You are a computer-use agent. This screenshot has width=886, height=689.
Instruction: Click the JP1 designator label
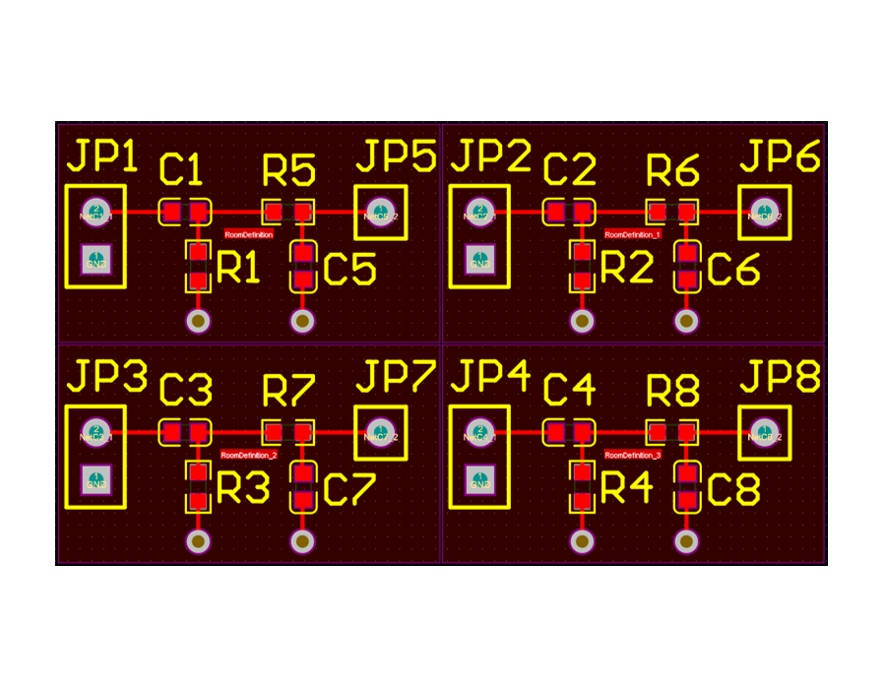coord(102,157)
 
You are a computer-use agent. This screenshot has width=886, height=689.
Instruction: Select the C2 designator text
coord(569,169)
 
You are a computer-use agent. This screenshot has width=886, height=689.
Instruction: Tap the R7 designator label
coord(288,391)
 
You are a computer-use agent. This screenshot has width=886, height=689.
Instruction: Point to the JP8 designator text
coord(780,376)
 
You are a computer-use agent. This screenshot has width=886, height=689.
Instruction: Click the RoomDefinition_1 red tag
coord(632,234)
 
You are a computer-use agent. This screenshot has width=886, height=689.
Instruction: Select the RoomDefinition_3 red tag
coord(632,455)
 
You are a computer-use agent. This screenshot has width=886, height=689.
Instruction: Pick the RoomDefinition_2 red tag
coord(248,455)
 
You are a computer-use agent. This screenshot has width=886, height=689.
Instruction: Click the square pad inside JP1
coord(95,260)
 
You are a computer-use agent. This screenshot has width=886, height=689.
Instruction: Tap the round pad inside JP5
coord(380,212)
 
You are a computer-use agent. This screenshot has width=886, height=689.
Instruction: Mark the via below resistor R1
coord(198,321)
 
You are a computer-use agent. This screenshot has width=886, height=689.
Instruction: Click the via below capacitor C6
coord(686,321)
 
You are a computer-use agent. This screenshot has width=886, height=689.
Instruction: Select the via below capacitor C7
coord(302,541)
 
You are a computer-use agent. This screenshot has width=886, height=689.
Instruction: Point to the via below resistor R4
coord(582,541)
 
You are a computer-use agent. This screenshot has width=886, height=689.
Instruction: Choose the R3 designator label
coord(242,488)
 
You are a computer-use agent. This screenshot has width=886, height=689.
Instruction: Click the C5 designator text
coord(349,270)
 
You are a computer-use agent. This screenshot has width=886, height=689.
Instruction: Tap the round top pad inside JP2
coord(479,212)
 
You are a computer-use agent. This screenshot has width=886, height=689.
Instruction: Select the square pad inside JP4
coord(479,480)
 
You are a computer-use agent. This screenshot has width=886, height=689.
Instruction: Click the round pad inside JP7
coord(380,432)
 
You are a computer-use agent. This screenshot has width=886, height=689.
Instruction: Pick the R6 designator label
coord(672,171)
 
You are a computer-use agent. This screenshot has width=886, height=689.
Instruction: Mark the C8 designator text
coord(733,490)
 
